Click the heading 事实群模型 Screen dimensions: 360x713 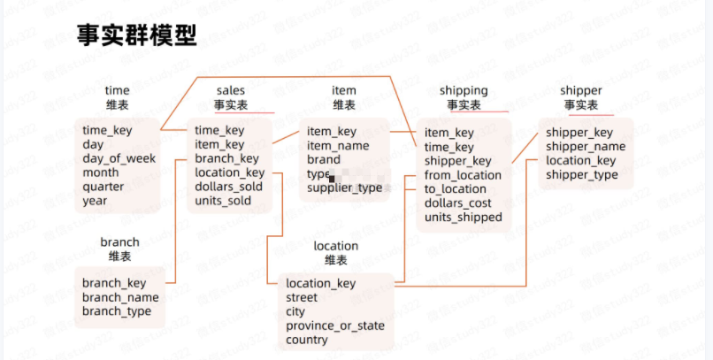tap(135, 37)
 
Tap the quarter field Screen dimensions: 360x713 tap(103, 187)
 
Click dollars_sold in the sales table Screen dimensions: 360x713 tap(229, 187)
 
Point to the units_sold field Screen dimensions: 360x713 tap(223, 201)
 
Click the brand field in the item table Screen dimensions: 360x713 tap(324, 160)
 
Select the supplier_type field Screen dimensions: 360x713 tap(345, 188)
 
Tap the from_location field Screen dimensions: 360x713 tap(463, 175)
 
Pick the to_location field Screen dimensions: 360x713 tap(456, 189)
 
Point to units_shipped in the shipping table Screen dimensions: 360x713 tap(464, 218)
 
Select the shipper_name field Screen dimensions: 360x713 tap(586, 147)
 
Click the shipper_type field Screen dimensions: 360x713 tap(582, 175)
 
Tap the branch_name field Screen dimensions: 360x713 tap(121, 297)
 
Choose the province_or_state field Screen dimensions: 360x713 tap(335, 326)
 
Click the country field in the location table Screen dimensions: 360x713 tap(307, 340)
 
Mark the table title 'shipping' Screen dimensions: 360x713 tap(464, 90)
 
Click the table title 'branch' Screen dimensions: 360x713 tap(119, 241)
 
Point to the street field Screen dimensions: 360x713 tap(302, 297)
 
